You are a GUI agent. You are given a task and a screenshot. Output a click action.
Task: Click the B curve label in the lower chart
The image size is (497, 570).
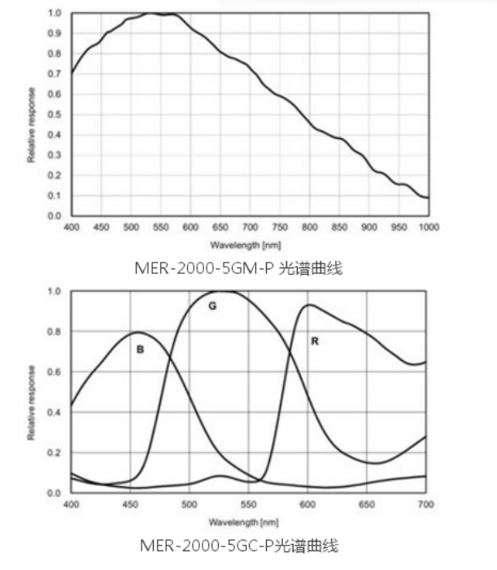pos(140,349)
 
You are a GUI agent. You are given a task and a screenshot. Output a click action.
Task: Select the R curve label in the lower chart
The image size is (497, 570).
pos(314,342)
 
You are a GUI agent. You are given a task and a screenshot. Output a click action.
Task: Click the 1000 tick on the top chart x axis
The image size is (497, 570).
pos(428,228)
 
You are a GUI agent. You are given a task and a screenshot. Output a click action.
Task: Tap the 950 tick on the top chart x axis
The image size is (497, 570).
pos(399,228)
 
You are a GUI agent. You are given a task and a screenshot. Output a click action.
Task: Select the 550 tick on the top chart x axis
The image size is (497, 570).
pos(160,228)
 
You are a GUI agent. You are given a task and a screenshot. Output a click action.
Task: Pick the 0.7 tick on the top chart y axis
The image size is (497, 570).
pos(55,74)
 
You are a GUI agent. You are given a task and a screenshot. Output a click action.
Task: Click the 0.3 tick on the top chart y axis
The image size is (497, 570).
pos(55,154)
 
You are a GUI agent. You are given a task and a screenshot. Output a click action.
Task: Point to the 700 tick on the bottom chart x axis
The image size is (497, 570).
pos(425,505)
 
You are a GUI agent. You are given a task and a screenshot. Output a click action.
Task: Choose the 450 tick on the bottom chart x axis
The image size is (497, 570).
pos(130,505)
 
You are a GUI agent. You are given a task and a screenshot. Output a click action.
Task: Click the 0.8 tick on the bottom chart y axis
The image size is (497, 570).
pos(55,332)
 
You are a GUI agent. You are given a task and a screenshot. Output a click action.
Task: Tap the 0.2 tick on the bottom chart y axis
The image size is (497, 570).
pos(55,453)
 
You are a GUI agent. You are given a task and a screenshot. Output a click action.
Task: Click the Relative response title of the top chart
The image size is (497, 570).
pos(32,124)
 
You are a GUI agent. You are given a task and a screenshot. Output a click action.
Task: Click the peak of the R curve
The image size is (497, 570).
pos(309,305)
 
